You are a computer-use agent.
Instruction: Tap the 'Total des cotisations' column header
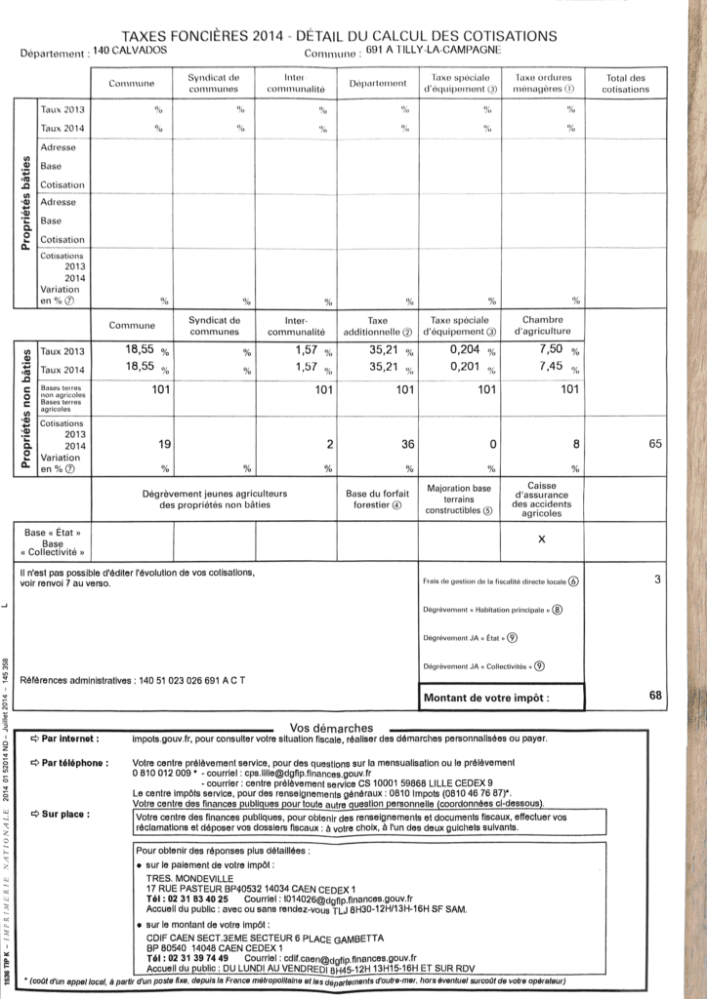[625, 83]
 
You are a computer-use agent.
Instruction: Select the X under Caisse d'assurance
[542, 539]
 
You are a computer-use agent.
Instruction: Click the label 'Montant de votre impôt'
[486, 699]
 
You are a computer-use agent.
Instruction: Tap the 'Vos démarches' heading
[331, 728]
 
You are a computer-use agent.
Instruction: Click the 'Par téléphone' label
[75, 762]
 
